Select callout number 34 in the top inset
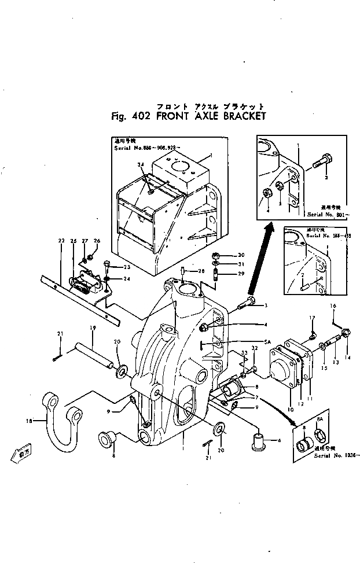141,165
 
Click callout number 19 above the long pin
92,328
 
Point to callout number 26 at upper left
97,241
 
